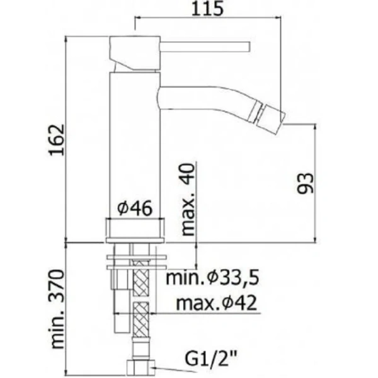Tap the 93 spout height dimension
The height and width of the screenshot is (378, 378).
[304, 183]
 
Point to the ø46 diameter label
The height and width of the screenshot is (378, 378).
[134, 209]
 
